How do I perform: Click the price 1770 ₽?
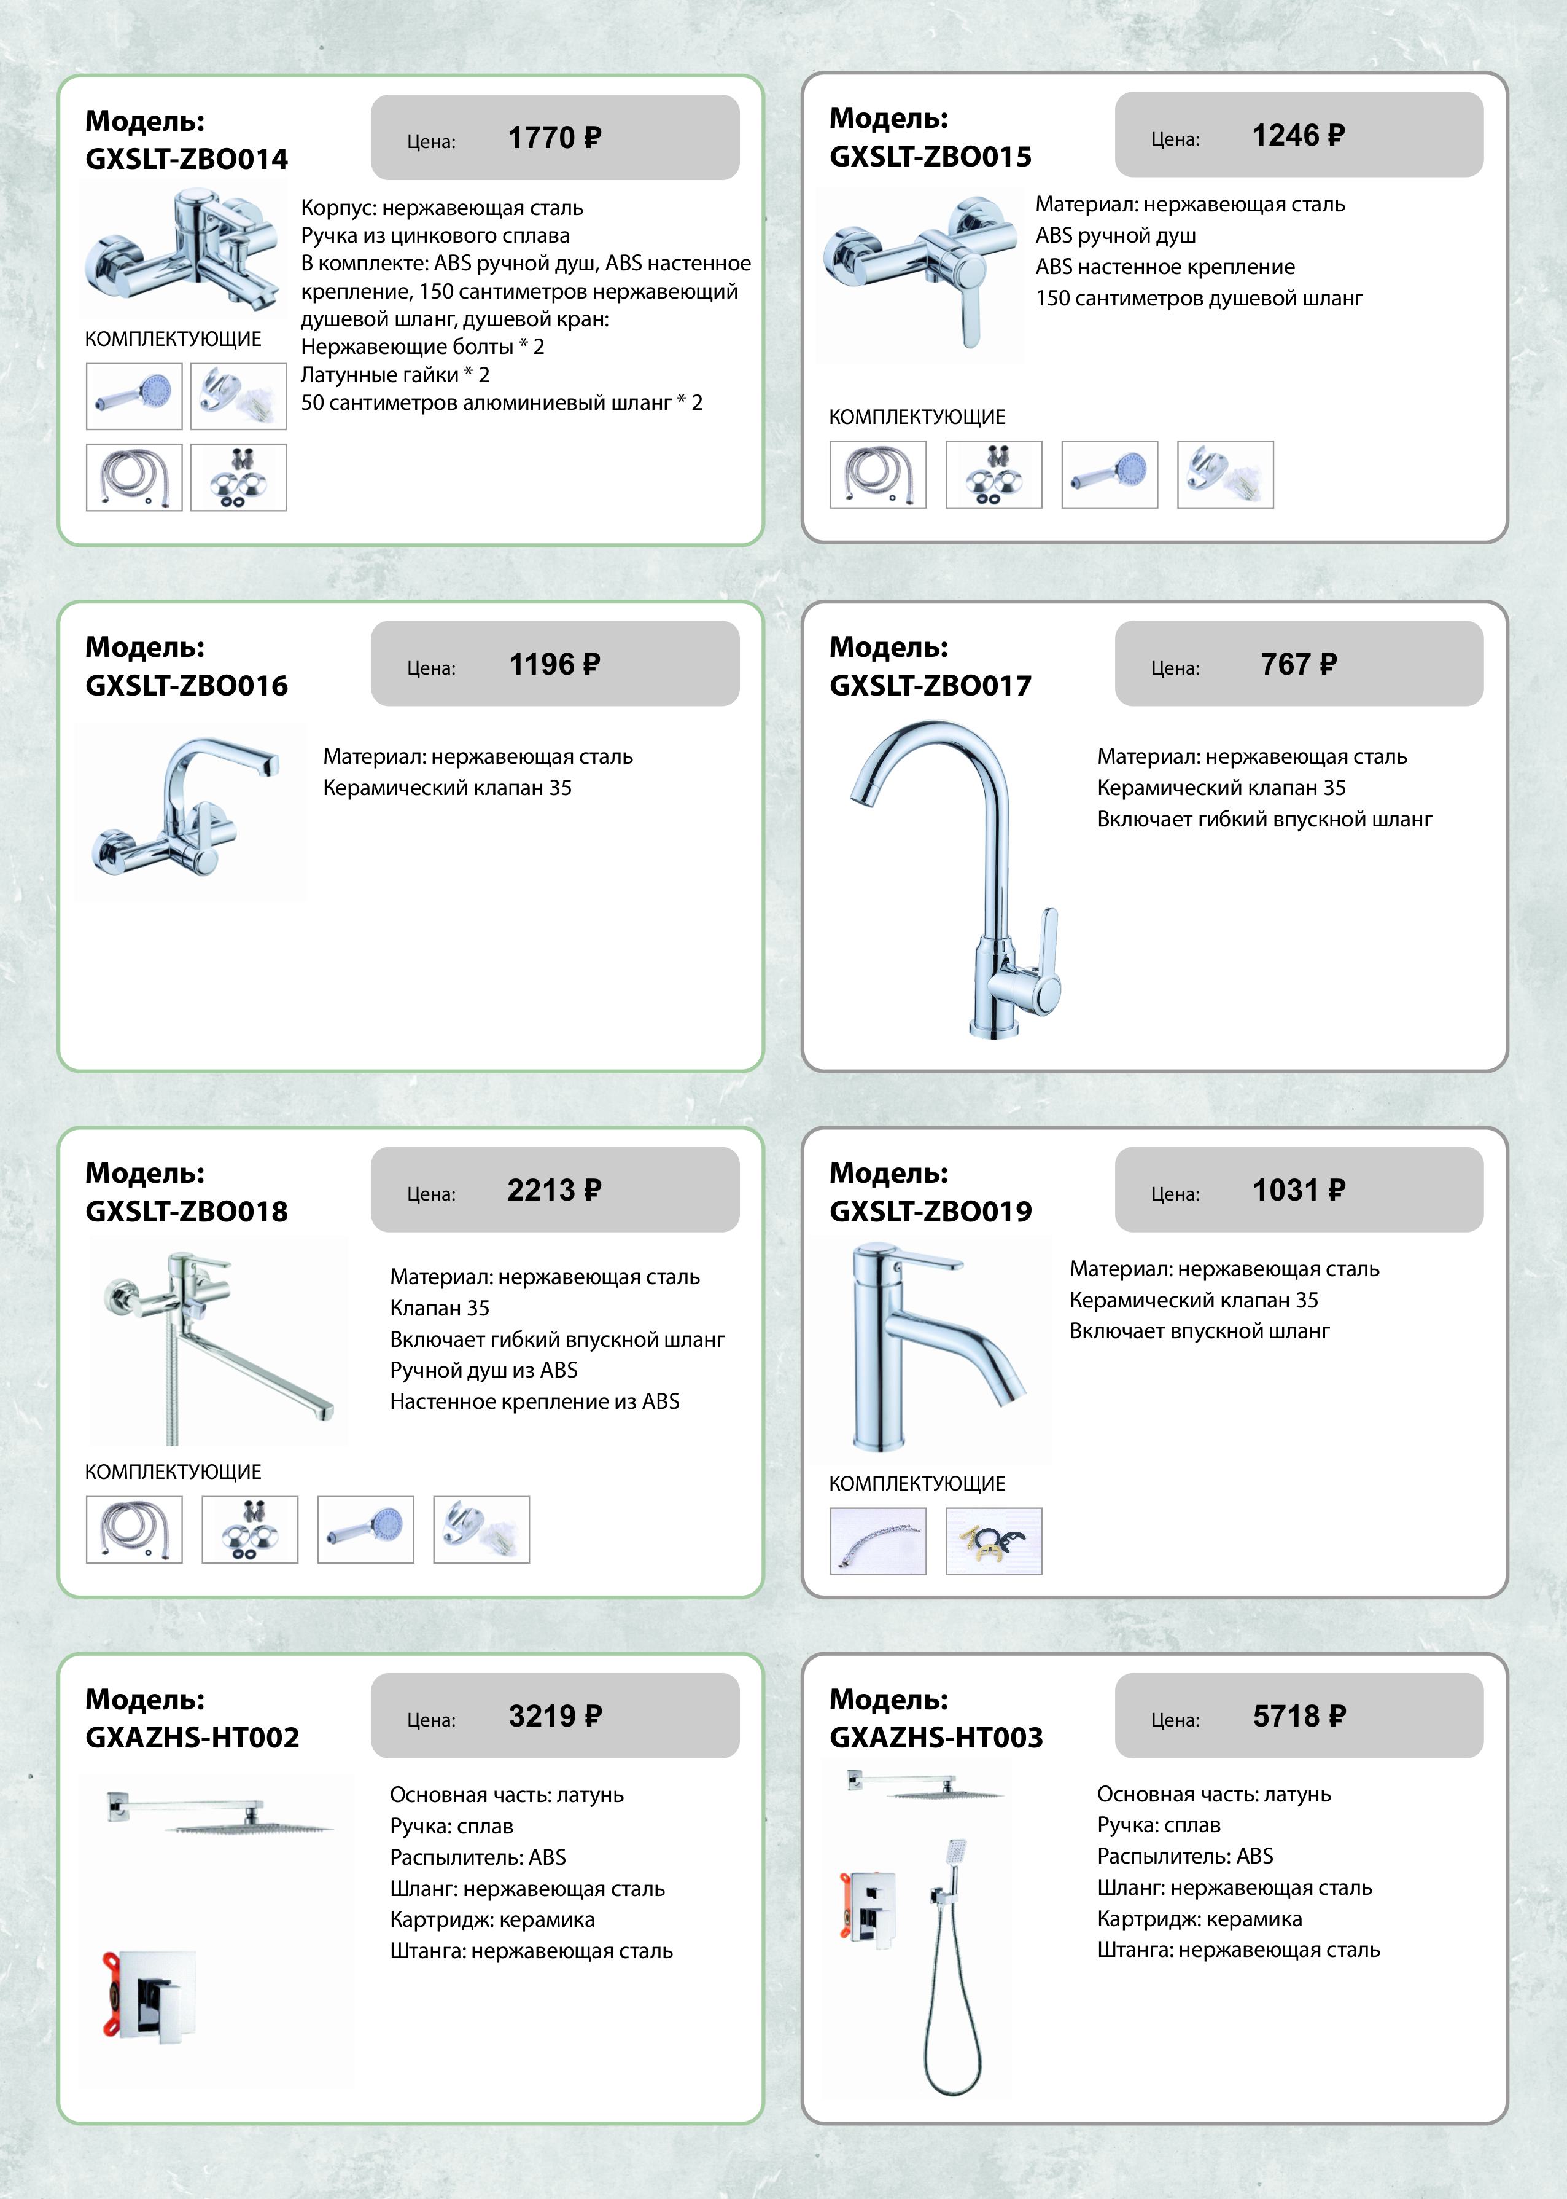[x=555, y=138]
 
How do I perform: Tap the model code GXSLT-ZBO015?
[x=930, y=157]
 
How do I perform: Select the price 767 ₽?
[x=1299, y=664]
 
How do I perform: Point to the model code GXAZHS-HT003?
[x=936, y=1738]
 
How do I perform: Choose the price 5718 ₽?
[x=1299, y=1715]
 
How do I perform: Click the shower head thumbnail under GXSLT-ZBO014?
[x=134, y=396]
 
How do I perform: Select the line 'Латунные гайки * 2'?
[x=395, y=375]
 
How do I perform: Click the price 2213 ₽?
[x=555, y=1190]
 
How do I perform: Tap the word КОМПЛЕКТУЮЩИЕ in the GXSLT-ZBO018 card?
[x=174, y=1472]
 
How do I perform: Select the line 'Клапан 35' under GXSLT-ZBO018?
[x=440, y=1308]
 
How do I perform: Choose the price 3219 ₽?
[x=555, y=1715]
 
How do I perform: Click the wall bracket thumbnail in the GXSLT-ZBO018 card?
[x=481, y=1530]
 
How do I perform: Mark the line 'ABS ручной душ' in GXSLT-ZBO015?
[x=1116, y=235]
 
